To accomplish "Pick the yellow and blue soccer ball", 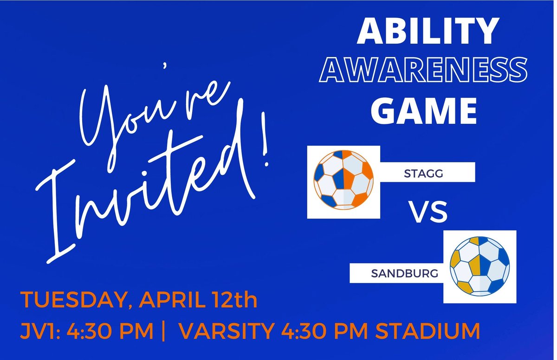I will [x=479, y=266].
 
